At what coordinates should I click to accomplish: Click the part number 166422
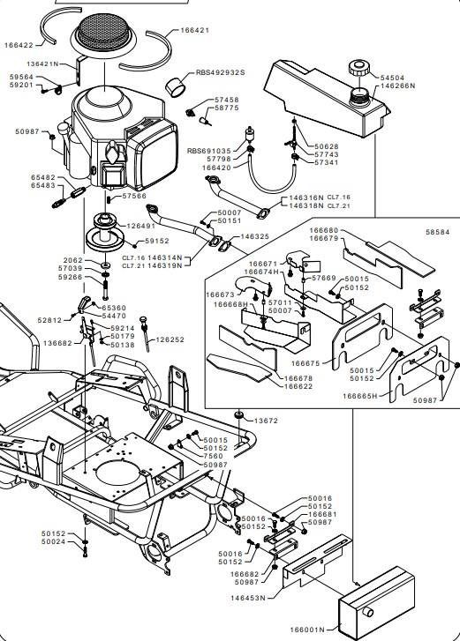19,45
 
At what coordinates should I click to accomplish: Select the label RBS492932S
220,72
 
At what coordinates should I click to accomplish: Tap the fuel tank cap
359,68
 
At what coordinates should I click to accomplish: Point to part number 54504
392,78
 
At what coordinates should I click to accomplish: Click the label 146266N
398,86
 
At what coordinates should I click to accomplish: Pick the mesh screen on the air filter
103,30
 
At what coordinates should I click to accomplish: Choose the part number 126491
140,226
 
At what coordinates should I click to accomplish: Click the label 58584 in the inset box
437,232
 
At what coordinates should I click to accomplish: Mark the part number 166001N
307,630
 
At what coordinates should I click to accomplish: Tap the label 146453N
247,598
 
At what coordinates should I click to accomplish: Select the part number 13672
266,421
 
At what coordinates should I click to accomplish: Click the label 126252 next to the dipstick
170,339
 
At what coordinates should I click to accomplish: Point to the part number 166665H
359,396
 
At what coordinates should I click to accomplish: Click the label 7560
213,456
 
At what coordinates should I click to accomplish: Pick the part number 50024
53,541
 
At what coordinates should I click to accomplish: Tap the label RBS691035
209,151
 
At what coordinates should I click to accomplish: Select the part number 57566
134,197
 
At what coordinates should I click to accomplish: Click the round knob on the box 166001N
367,612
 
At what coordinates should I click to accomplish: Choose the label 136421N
43,63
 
